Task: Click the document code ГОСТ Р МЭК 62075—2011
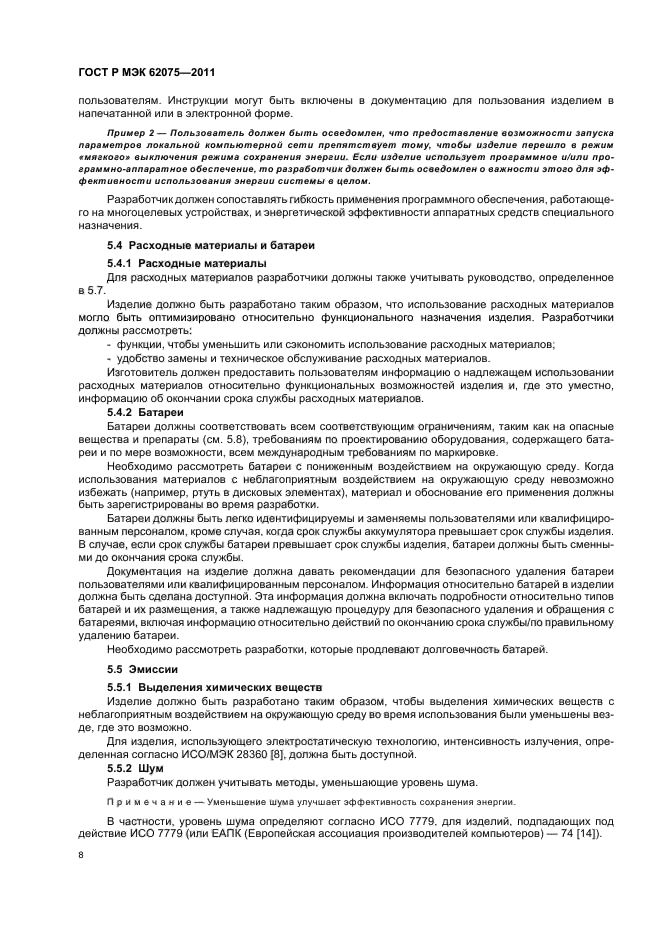coord(147,73)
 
